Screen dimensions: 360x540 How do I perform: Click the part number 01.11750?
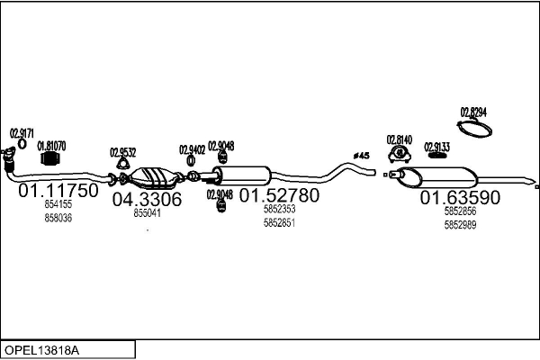(58, 192)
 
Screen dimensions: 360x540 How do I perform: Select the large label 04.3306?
(147, 199)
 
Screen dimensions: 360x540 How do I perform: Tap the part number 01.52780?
(279, 195)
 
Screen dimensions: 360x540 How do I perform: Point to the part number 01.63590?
(461, 198)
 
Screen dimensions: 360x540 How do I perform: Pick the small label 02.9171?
(22, 134)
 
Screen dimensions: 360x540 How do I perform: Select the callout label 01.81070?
(50, 144)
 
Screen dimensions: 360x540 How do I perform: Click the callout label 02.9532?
(123, 152)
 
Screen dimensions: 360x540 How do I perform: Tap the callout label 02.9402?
(192, 149)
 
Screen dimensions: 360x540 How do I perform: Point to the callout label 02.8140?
(400, 139)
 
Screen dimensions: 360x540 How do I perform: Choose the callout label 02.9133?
(437, 146)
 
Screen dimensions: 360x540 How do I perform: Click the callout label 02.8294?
(473, 112)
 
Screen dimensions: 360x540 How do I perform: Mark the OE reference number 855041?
(147, 213)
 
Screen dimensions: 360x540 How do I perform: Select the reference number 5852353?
(279, 210)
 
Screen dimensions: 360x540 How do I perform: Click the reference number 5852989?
(460, 225)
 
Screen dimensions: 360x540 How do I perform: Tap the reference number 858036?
(58, 218)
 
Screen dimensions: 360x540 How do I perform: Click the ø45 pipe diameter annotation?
(361, 156)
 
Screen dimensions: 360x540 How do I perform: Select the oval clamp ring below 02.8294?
(474, 129)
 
